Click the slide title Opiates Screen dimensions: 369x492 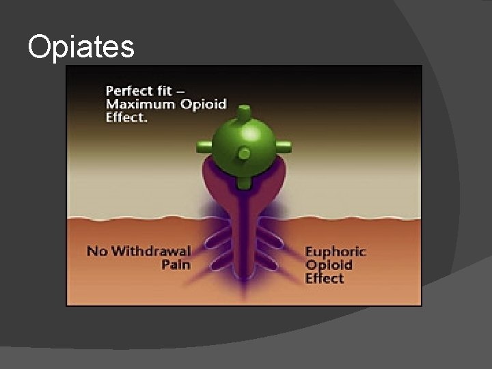pos(81,46)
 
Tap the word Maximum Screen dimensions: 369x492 pos(140,104)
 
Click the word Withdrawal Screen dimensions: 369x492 pos(150,251)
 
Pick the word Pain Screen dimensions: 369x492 pos(176,264)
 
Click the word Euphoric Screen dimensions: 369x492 pos(335,251)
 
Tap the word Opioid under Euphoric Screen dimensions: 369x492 pos(329,265)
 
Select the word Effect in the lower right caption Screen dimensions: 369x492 pos(325,278)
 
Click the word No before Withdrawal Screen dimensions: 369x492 pos(96,251)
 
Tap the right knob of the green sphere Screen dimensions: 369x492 pos(284,146)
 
